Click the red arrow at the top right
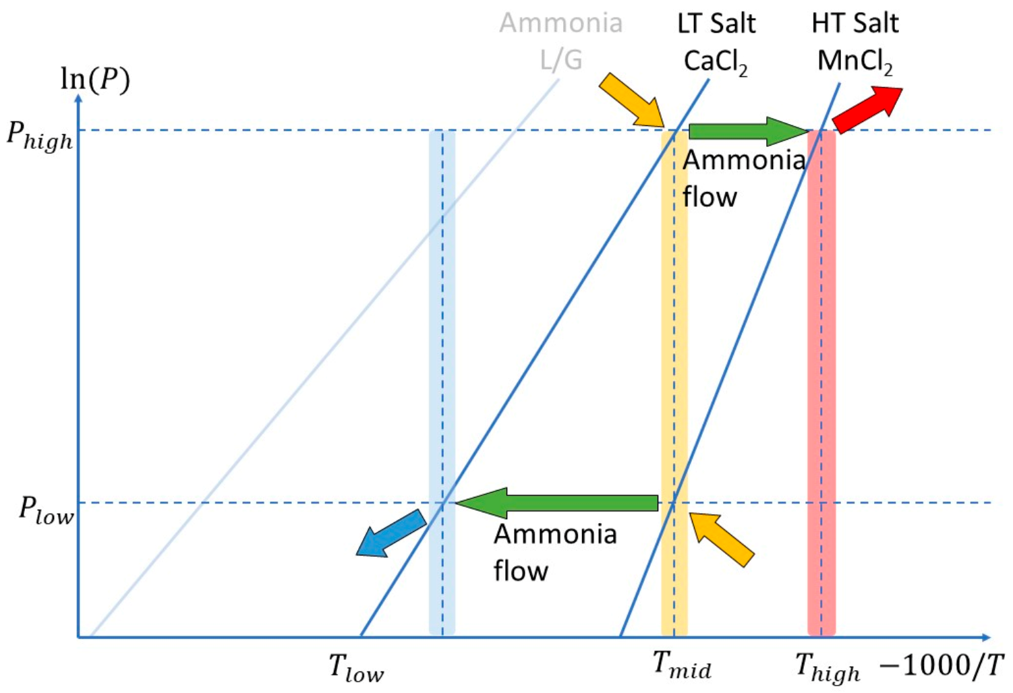click(x=867, y=109)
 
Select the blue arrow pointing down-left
click(x=390, y=533)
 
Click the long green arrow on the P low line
click(x=557, y=502)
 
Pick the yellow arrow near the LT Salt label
click(x=631, y=100)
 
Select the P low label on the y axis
click(x=45, y=510)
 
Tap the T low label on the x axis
click(x=355, y=667)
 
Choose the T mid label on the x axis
click(x=681, y=665)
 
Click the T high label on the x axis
click(x=827, y=667)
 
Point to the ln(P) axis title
click(x=95, y=80)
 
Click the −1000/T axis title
click(x=942, y=665)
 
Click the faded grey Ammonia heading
click(x=560, y=24)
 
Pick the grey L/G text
click(x=560, y=61)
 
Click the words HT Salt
click(x=855, y=24)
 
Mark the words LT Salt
click(x=716, y=24)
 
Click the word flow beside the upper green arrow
click(x=710, y=197)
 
